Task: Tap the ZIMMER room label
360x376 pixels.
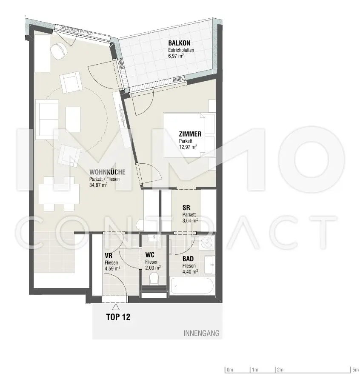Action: point(190,134)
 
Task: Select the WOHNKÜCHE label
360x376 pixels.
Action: point(107,172)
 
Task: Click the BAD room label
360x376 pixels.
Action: point(189,259)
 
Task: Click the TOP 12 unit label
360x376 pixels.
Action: point(118,317)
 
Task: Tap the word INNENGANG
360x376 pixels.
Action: point(202,333)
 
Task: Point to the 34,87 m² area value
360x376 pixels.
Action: point(98,185)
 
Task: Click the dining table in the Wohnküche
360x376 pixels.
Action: point(59,195)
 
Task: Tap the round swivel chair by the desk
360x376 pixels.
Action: point(58,51)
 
